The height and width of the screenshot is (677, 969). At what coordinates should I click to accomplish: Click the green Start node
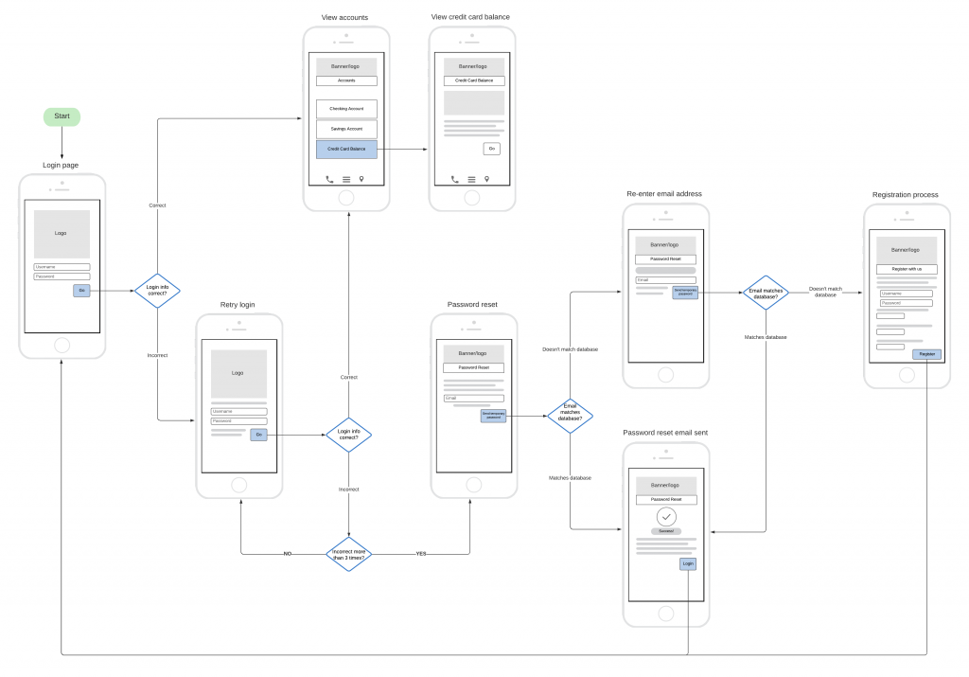coord(62,116)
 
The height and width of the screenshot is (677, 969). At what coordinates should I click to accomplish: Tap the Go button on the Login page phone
coord(81,291)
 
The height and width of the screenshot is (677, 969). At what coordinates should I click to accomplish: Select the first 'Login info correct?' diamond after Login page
coord(157,291)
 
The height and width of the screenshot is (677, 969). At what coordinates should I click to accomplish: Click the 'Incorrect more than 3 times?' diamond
coord(348,553)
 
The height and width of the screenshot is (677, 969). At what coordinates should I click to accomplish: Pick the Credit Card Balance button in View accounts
coord(346,150)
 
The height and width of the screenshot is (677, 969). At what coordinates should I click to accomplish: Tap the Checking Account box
coord(346,109)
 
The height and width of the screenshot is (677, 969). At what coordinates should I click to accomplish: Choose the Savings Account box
coord(346,129)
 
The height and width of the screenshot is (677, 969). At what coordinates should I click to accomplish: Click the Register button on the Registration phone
coord(926,354)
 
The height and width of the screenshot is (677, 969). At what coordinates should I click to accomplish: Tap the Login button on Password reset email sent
coord(688,563)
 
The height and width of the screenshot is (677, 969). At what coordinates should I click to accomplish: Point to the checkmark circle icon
coord(667,517)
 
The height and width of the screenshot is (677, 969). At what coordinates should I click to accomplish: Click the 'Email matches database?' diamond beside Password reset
coord(570,415)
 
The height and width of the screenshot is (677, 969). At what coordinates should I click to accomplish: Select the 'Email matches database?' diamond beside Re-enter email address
coord(766,294)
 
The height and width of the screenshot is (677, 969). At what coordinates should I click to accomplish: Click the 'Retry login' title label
coord(238,305)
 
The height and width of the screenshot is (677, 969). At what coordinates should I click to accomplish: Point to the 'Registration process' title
coord(906,195)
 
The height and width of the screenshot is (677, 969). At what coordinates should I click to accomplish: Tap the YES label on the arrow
coord(421,553)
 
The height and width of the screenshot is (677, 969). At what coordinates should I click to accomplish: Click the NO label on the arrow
coord(288,553)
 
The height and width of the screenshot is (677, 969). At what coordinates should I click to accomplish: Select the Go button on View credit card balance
coord(491,149)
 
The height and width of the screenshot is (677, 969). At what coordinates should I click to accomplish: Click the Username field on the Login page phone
coord(62,267)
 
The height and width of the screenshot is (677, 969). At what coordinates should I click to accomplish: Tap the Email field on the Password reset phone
coord(474,398)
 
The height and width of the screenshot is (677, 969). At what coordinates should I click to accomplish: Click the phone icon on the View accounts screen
coord(329,179)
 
